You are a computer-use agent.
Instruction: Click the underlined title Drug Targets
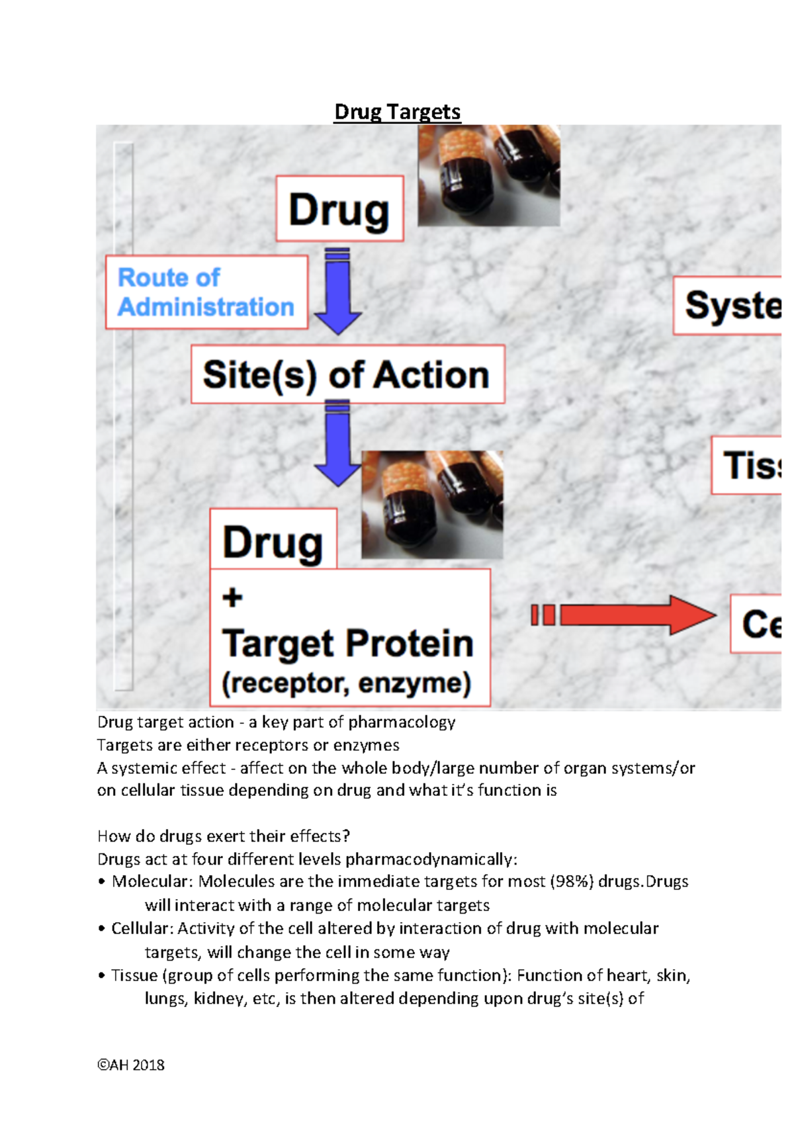397,112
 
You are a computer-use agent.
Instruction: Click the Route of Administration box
206,292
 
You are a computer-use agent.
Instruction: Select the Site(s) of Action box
347,374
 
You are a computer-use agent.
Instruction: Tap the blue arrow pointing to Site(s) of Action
338,291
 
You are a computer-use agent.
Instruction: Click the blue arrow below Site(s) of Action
338,443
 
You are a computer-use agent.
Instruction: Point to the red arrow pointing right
625,615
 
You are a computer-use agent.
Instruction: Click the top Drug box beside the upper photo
339,209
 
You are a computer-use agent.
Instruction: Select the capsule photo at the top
489,175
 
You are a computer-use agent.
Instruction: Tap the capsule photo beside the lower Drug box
432,504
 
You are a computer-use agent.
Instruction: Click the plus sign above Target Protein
232,597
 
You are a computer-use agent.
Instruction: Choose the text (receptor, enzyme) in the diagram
347,683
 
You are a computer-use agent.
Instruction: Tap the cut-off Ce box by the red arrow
757,624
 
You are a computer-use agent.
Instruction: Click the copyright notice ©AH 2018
131,1065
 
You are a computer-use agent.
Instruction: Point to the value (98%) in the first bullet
572,882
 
